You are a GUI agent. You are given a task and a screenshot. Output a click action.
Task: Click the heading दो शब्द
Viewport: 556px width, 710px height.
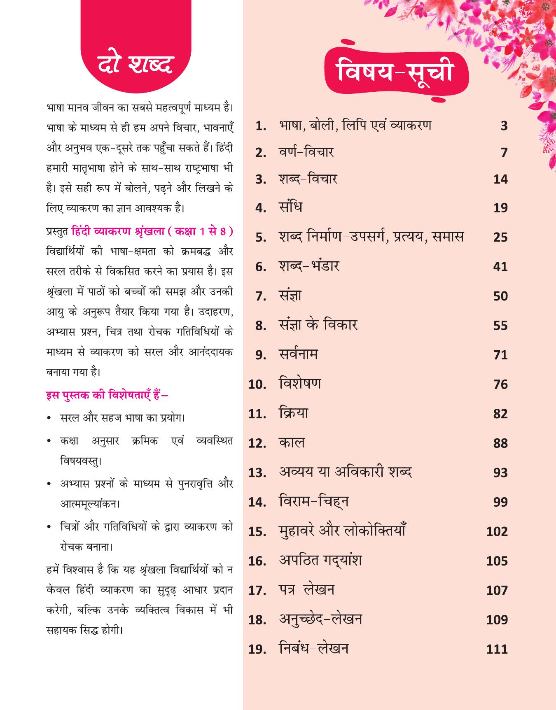[135, 65]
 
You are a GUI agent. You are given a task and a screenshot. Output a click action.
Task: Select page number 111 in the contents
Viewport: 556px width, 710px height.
[497, 649]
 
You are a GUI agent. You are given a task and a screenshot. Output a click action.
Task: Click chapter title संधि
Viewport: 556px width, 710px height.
[290, 207]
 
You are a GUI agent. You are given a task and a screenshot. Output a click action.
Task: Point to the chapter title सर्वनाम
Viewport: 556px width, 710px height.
[298, 354]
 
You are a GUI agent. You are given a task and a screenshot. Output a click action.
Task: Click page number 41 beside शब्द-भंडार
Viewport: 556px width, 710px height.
[500, 267]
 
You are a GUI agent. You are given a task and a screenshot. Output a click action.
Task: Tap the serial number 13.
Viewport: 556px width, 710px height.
[257, 473]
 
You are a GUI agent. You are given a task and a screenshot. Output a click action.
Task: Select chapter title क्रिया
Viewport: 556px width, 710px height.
[293, 413]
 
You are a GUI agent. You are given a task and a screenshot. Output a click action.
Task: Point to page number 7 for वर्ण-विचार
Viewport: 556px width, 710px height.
[504, 153]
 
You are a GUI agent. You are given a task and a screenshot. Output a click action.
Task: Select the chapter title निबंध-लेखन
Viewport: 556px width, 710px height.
[313, 649]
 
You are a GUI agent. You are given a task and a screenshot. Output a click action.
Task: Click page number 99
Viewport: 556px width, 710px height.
[500, 502]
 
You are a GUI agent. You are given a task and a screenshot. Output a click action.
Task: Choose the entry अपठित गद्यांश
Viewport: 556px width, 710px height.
[320, 561]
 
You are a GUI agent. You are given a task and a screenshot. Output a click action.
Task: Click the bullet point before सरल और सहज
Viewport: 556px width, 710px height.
[49, 419]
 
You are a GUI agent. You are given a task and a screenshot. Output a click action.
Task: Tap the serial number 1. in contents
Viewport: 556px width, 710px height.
[261, 126]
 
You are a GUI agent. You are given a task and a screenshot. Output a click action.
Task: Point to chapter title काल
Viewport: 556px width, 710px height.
[292, 443]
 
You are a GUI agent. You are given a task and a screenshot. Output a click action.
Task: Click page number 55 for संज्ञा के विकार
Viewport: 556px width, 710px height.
[500, 326]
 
